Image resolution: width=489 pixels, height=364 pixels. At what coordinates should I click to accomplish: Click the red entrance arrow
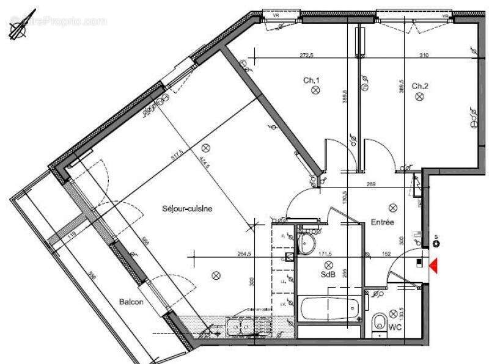(435, 266)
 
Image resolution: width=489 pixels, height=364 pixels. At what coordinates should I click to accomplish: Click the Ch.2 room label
(419, 86)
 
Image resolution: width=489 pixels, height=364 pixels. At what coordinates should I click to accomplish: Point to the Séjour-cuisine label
(187, 208)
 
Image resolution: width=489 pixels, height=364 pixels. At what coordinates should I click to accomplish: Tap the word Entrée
(381, 223)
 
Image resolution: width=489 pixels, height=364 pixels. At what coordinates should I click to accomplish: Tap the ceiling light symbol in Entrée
(385, 206)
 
